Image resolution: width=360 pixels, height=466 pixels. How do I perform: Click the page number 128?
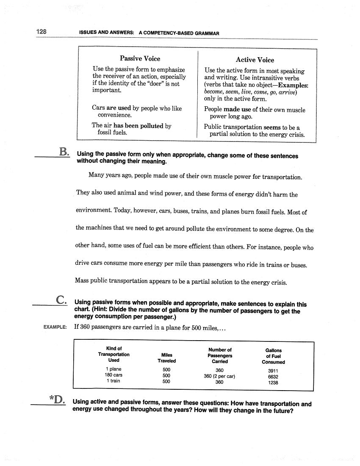point(41,32)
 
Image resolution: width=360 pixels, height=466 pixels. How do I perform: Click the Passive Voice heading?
point(140,58)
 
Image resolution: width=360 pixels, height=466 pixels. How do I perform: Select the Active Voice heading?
point(255,60)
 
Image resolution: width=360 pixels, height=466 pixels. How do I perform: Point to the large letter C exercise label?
point(61,300)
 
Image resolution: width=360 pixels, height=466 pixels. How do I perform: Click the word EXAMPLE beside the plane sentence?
point(55,327)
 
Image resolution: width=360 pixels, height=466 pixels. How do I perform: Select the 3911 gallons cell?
point(273,370)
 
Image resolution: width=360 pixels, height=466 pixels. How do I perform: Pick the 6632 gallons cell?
point(273,376)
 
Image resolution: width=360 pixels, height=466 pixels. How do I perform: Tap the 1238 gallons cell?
point(273,382)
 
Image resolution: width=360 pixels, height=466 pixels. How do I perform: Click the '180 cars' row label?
point(114,375)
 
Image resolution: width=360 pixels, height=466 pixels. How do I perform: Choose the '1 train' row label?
point(114,381)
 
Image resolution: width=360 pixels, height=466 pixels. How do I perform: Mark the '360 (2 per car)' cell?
point(219,376)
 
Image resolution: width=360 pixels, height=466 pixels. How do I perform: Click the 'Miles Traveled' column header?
point(166,358)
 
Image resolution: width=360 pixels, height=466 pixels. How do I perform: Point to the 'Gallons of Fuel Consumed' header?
point(273,356)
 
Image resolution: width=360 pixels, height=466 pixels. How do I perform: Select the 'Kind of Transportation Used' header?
point(114,354)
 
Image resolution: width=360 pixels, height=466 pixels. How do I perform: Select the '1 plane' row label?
point(114,369)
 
